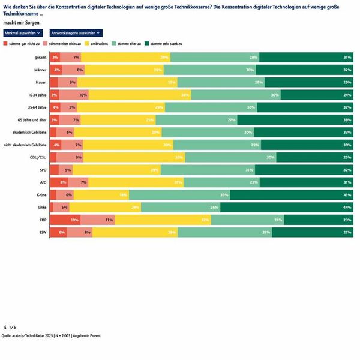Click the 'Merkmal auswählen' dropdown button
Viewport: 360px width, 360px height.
(x=23, y=33)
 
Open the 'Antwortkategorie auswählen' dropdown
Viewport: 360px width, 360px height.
(x=76, y=33)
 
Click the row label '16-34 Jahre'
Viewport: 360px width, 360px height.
(x=37, y=95)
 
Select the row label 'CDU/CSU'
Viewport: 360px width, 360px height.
(x=38, y=157)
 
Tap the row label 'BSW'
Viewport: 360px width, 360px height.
(x=43, y=232)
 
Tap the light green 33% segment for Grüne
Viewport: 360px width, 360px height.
(x=179, y=195)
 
